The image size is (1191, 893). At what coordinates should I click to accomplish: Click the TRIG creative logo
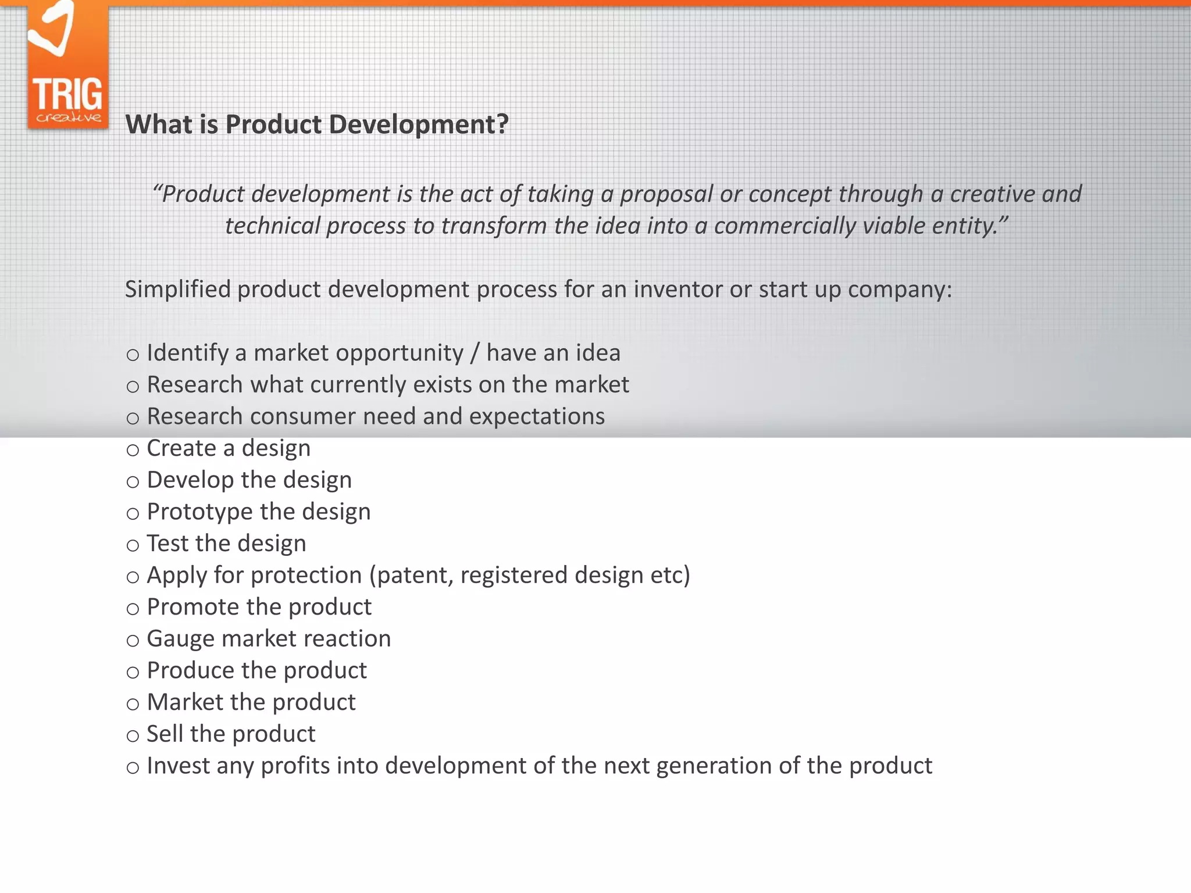[68, 67]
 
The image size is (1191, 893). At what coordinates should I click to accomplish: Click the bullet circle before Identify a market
[133, 355]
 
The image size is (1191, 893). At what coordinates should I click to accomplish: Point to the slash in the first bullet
[475, 353]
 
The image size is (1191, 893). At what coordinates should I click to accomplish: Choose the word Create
[181, 448]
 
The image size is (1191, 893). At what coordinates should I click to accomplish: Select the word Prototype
[199, 512]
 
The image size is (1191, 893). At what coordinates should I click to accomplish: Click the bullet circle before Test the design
[133, 545]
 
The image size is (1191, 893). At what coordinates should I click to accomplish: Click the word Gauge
[180, 639]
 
